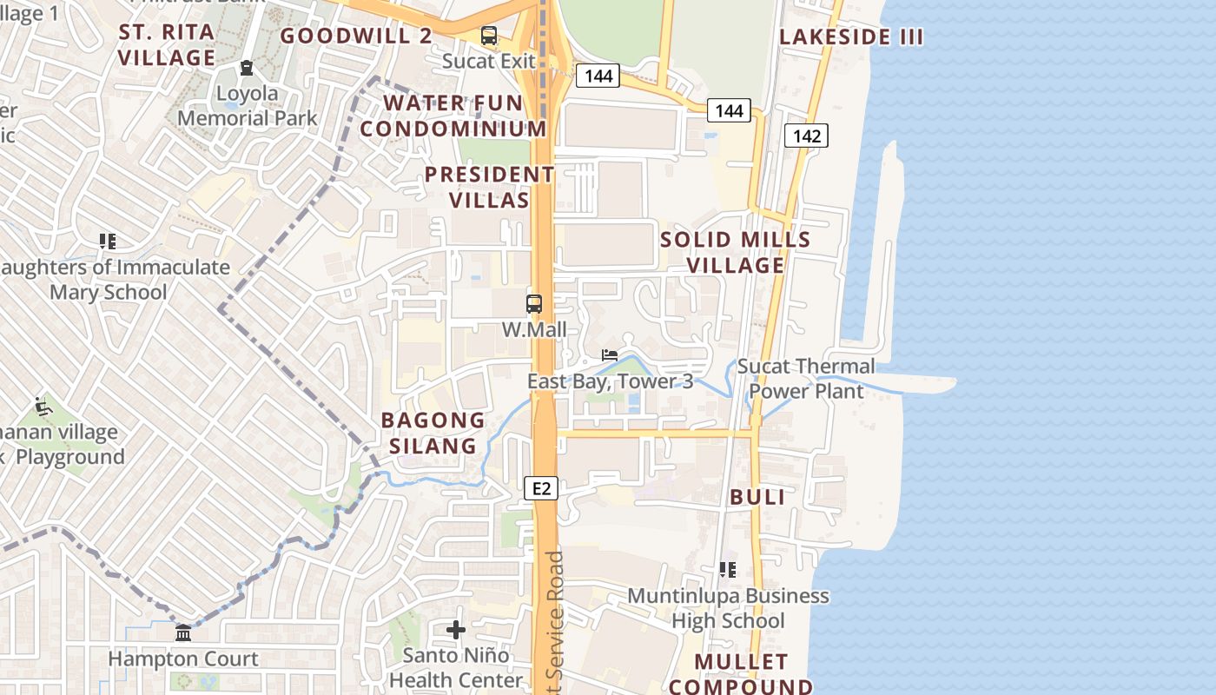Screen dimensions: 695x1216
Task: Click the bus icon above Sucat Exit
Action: coord(489,36)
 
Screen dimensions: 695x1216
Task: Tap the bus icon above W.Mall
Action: coord(534,304)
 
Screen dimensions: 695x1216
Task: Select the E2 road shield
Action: coord(541,489)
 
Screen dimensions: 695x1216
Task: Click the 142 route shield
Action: coord(806,136)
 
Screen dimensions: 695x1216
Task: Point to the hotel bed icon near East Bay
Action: coord(610,355)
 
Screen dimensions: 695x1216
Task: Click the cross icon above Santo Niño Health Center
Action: coord(456,630)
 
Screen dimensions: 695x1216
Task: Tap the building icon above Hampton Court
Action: coord(183,633)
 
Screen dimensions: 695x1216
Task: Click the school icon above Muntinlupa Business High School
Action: coord(727,570)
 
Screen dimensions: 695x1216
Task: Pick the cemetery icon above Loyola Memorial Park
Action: coord(247,68)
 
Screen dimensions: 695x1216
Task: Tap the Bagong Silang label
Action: coord(433,433)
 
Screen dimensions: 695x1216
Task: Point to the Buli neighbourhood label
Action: coord(757,497)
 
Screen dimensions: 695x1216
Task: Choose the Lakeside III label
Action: coord(851,36)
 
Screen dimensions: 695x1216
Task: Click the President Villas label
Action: coord(490,187)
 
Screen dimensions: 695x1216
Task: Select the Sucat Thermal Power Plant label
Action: coord(806,378)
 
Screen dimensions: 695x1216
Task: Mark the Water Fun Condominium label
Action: coord(453,116)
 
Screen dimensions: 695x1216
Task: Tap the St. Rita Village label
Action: coord(167,45)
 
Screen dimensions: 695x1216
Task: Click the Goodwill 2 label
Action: coord(356,36)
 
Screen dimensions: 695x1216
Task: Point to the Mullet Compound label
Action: coord(741,674)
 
